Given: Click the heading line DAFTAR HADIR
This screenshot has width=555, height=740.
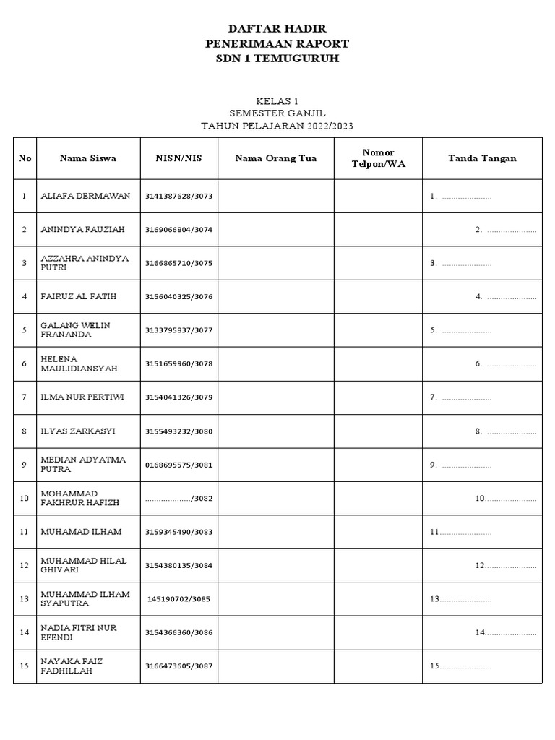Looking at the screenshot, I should pyautogui.click(x=277, y=29).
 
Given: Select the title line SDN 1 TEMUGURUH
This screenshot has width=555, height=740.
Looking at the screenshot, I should pyautogui.click(x=277, y=59).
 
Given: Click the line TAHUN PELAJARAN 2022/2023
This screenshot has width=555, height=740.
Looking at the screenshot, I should pyautogui.click(x=277, y=126).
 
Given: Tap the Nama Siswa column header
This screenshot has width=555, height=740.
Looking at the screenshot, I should pyautogui.click(x=87, y=158).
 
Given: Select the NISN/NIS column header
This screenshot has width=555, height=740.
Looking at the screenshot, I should pyautogui.click(x=178, y=158).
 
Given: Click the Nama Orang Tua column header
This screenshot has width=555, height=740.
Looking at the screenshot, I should pyautogui.click(x=275, y=158).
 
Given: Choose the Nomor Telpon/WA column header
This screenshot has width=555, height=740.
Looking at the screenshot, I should pyautogui.click(x=378, y=158).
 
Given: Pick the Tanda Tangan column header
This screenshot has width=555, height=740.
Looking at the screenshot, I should pyautogui.click(x=482, y=158).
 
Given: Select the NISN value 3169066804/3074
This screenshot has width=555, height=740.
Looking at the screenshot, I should pyautogui.click(x=178, y=230).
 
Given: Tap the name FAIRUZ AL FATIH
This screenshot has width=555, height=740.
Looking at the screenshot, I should pyautogui.click(x=78, y=296).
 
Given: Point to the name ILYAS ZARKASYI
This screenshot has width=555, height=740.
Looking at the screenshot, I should pyautogui.click(x=78, y=431).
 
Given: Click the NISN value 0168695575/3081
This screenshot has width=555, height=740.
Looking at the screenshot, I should pyautogui.click(x=178, y=465).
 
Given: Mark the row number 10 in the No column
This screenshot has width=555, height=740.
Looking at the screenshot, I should pyautogui.click(x=24, y=498).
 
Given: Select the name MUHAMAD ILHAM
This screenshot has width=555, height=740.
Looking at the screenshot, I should pyautogui.click(x=81, y=531).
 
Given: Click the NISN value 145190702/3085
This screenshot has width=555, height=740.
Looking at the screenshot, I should pyautogui.click(x=178, y=599).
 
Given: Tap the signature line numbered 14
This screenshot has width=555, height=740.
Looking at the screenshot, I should pyautogui.click(x=506, y=632).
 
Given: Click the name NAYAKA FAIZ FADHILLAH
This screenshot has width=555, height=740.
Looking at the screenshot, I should pyautogui.click(x=75, y=666).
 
